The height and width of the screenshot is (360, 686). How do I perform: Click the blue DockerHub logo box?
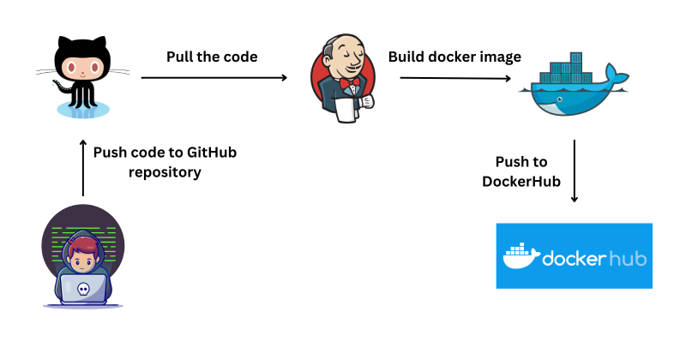(x=574, y=255)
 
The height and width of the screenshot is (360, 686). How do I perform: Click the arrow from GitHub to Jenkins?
(x=214, y=78)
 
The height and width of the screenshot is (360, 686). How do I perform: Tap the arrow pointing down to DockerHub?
(x=574, y=171)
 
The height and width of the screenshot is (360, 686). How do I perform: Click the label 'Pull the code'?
(x=212, y=57)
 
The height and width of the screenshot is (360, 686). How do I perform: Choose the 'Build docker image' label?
(x=454, y=57)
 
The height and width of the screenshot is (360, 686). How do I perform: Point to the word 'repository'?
(x=165, y=171)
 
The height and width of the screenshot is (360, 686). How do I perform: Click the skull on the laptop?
(x=82, y=289)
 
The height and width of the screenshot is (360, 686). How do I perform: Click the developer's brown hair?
(x=82, y=249)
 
